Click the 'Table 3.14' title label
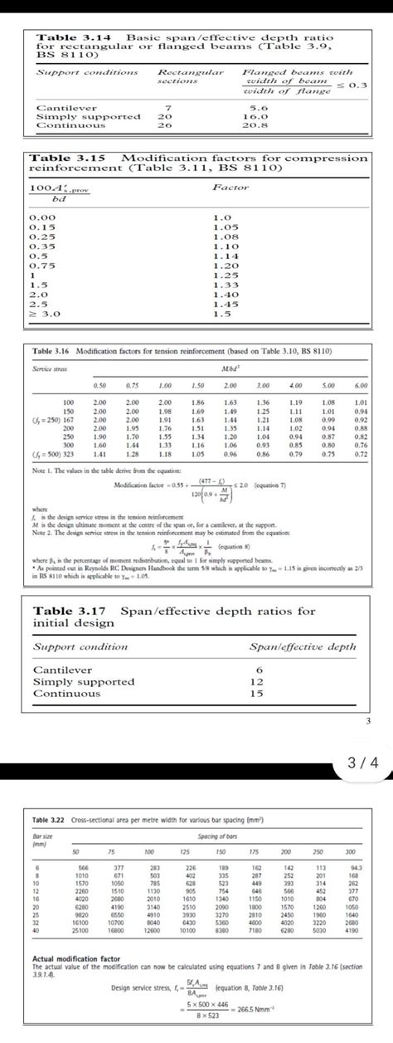67,39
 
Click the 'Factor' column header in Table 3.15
230,188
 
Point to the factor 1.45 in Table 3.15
226,305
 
